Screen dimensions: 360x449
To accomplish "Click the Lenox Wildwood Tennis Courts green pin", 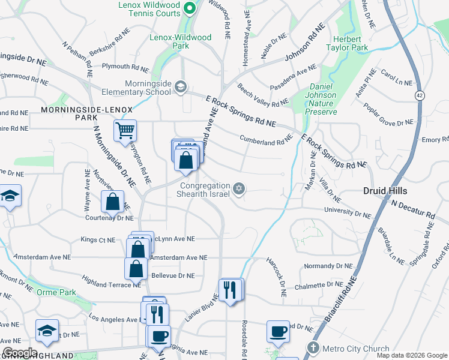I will pyautogui.click(x=190, y=8).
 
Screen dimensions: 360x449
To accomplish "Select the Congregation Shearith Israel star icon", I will pyautogui.click(x=239, y=190).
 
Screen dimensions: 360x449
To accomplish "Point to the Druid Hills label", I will pyautogui.click(x=385, y=191).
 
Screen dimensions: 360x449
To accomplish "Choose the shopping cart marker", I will pyautogui.click(x=125, y=130).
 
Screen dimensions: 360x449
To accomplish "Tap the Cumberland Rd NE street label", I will pyautogui.click(x=266, y=140).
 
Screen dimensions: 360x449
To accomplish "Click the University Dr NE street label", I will pyautogui.click(x=348, y=212).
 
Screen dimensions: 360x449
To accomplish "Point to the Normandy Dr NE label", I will pyautogui.click(x=328, y=265).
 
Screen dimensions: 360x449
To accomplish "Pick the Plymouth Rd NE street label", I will pyautogui.click(x=125, y=67).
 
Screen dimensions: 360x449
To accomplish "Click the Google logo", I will pyautogui.click(x=20, y=352).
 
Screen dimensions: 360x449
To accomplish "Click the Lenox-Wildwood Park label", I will pyautogui.click(x=180, y=41).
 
